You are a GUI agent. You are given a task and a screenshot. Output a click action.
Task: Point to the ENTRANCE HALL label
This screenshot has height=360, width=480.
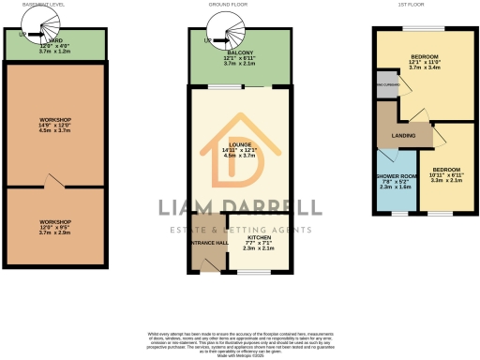pyautogui.click(x=207, y=243)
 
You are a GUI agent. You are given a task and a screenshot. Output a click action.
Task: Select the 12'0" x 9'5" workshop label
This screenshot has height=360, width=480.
pyautogui.click(x=55, y=226)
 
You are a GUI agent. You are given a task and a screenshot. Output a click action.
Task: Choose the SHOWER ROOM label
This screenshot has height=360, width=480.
pyautogui.click(x=397, y=181)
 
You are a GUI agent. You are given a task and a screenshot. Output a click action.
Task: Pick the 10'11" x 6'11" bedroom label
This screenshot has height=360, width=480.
pyautogui.click(x=447, y=175)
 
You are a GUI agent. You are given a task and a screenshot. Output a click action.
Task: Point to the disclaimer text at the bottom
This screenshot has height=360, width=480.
pyautogui.click(x=239, y=341)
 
